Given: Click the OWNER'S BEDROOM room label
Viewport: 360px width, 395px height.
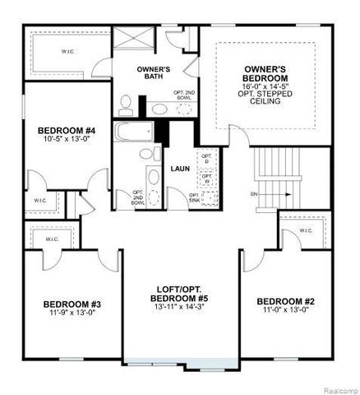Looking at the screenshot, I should (x=264, y=73).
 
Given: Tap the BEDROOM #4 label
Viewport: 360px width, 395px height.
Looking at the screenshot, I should (x=67, y=130).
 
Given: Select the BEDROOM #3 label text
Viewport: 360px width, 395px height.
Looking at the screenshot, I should (x=72, y=304).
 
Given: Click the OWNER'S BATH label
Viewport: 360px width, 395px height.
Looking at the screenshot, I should (x=152, y=73).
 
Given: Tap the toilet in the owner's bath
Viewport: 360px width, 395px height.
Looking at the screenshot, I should (x=127, y=104).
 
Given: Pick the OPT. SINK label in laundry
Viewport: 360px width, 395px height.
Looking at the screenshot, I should (x=194, y=197).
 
